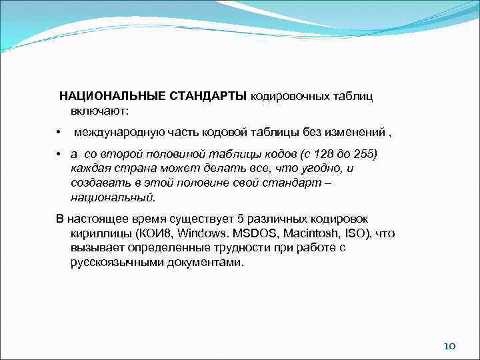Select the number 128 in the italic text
click(313, 155)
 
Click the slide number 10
click(449, 346)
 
